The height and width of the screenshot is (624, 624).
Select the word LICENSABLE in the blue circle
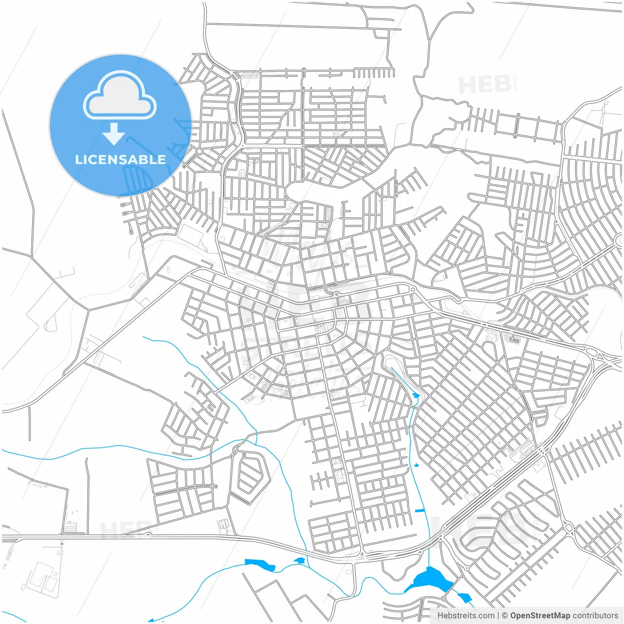pos(120,159)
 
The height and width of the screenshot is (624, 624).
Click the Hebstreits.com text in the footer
pos(466,616)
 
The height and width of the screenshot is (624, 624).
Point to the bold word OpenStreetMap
pos(540,616)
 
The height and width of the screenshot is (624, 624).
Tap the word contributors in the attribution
pos(595,616)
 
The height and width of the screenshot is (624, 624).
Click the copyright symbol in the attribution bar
pos(505,616)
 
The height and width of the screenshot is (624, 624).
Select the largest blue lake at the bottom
pos(431,580)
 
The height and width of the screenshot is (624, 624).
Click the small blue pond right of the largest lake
pos(464,597)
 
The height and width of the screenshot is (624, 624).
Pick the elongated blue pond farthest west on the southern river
pos(260,565)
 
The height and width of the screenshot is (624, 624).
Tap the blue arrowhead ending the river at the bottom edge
pos(151,620)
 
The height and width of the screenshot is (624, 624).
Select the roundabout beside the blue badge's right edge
pos(199,152)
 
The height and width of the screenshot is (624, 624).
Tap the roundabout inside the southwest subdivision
pos(213,486)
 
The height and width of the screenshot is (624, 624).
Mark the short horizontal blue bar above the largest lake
pos(419,510)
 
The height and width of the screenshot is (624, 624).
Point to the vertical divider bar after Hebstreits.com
pos(498,616)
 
